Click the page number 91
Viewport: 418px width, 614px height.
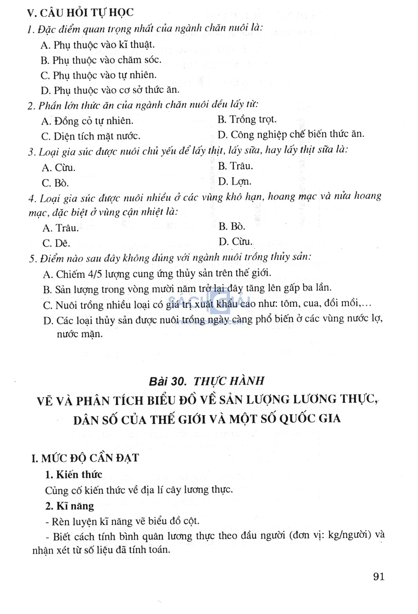(378, 576)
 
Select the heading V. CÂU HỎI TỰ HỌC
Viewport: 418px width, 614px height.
(80, 13)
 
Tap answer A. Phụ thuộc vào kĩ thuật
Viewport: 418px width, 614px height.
(98, 45)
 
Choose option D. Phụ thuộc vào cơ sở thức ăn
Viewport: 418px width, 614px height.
(110, 90)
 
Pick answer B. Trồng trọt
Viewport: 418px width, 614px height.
(247, 120)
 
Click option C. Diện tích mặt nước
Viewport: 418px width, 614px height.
(91, 136)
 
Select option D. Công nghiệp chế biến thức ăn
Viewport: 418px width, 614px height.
(291, 134)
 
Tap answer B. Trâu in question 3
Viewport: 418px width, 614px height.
(236, 166)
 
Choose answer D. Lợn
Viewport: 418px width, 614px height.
(235, 181)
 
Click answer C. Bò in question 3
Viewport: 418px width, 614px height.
(55, 183)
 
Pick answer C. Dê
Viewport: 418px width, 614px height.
(56, 243)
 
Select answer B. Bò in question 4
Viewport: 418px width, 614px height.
(232, 226)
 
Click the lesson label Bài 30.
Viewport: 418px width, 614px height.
(168, 381)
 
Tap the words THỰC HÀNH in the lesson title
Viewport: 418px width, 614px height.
(229, 381)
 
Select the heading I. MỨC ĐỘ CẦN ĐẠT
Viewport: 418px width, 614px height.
(85, 458)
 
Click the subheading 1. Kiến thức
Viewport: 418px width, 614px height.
(73, 474)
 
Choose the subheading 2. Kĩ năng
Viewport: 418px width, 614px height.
(69, 506)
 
